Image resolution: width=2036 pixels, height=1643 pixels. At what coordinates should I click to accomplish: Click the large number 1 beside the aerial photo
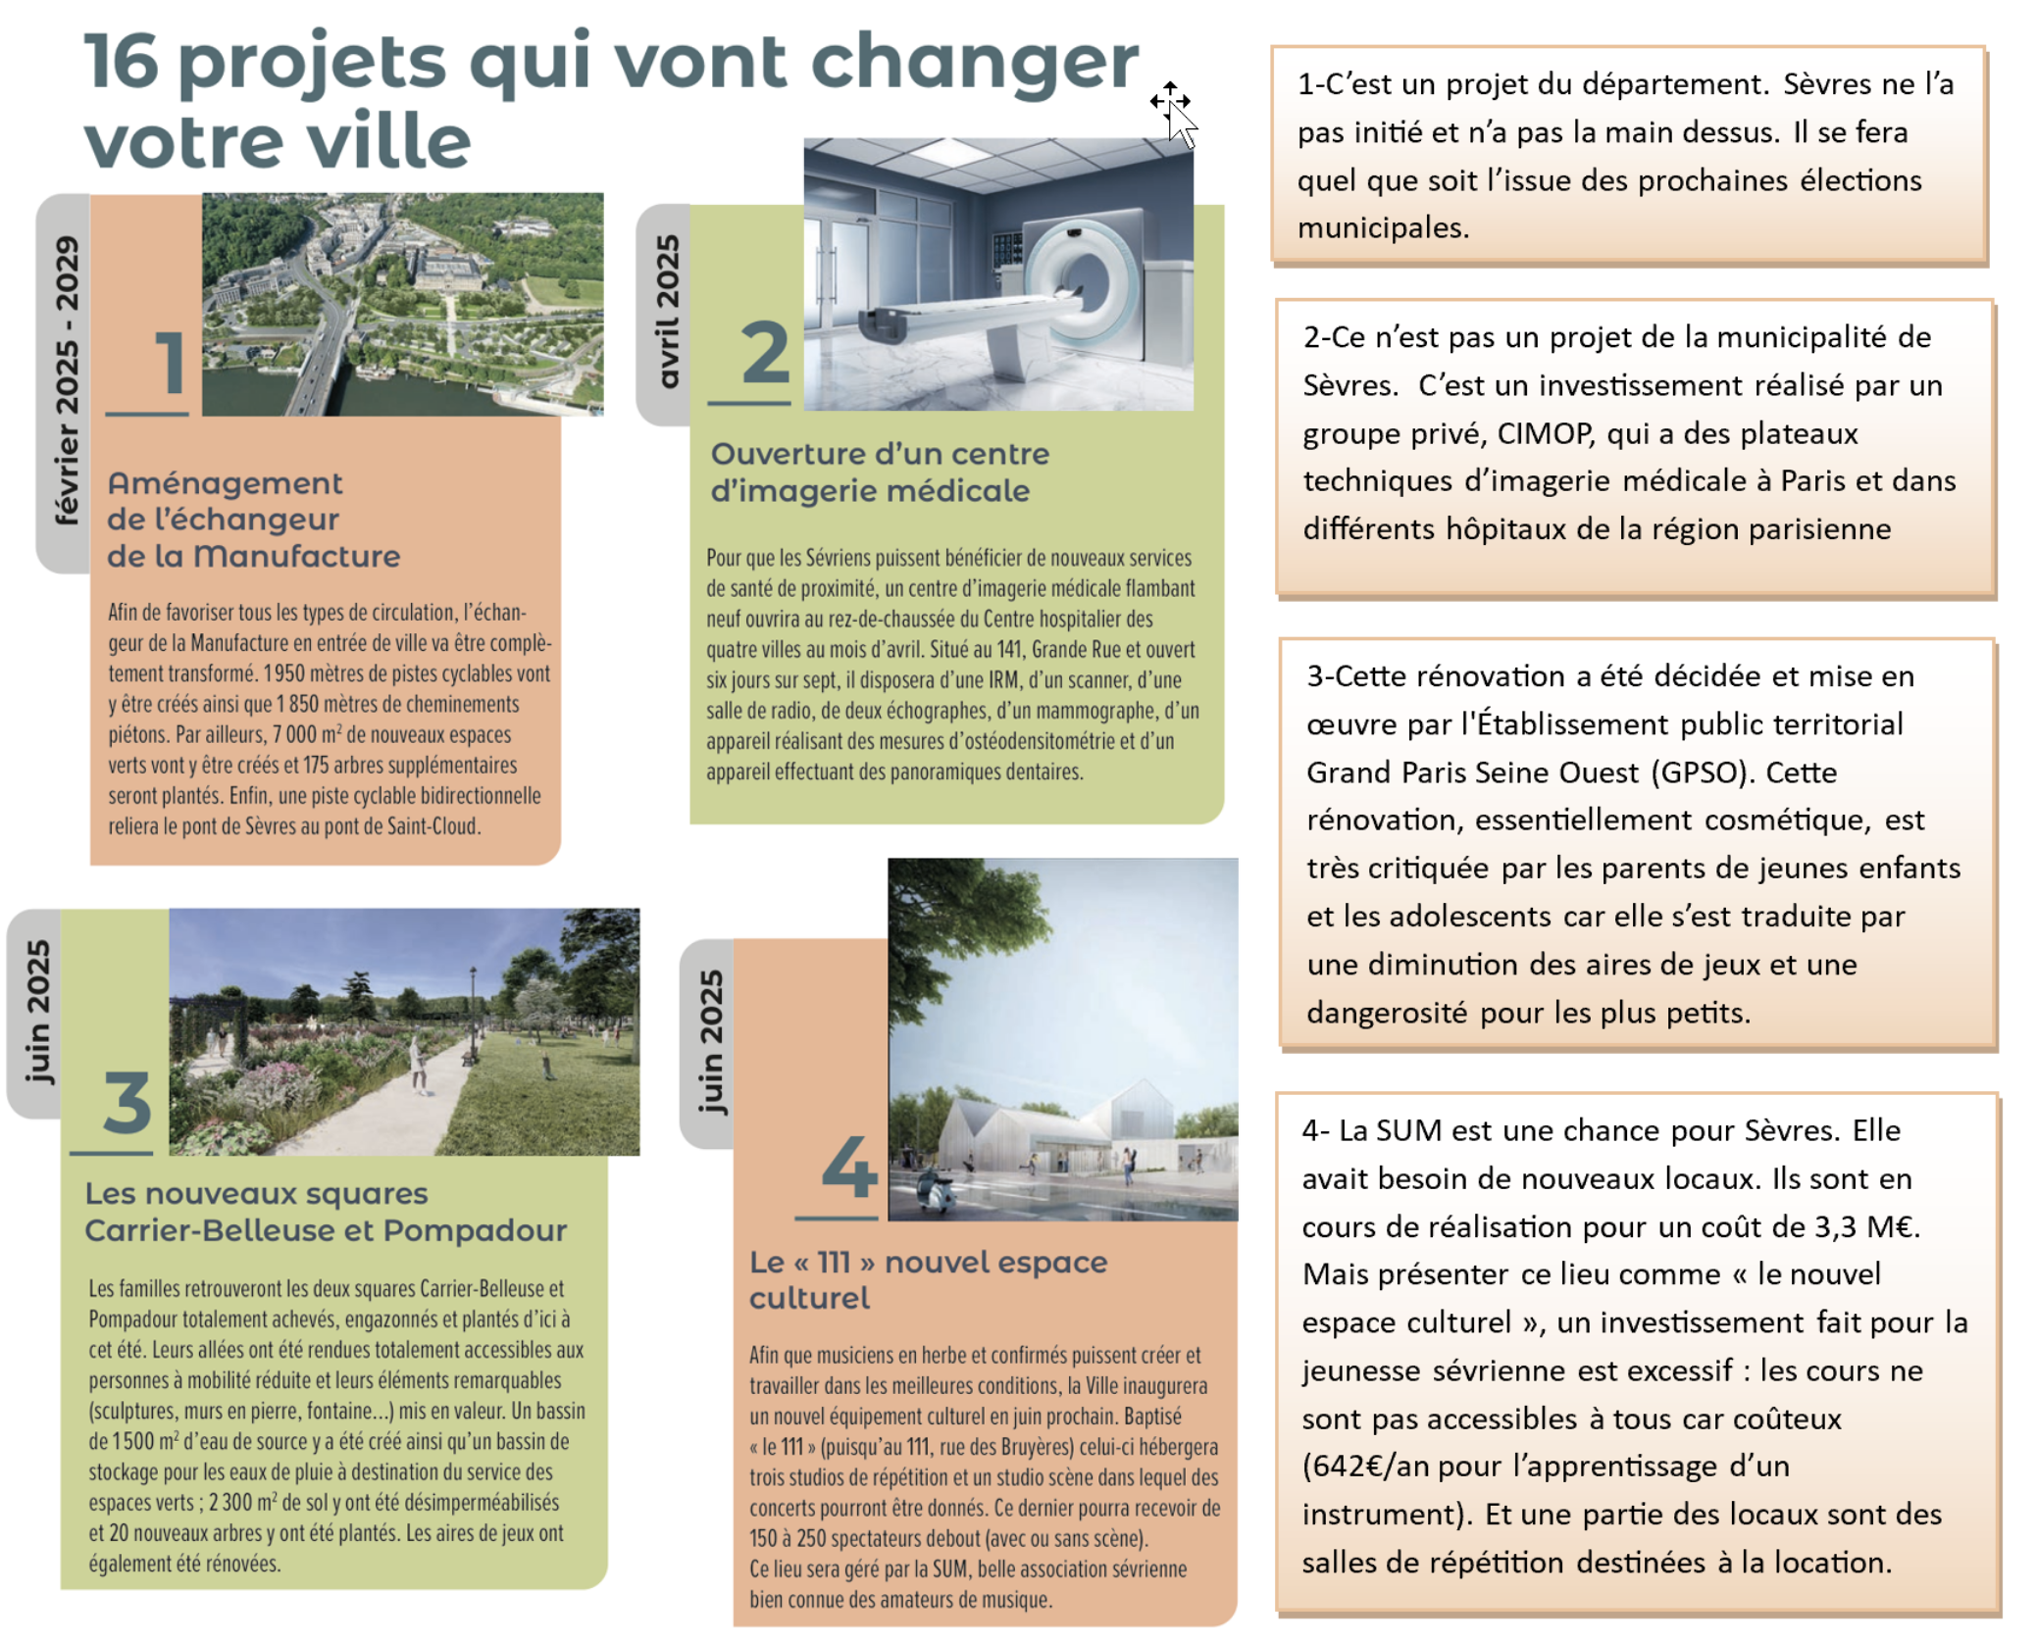point(170,362)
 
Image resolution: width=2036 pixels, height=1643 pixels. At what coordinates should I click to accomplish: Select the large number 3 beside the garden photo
point(127,1102)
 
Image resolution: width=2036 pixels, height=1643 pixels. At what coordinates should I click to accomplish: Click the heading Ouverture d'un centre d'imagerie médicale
point(879,472)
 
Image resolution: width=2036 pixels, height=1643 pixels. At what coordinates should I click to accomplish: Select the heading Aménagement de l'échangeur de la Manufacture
point(253,520)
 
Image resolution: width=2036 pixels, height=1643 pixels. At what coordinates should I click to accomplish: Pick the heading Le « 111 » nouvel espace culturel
point(927,1279)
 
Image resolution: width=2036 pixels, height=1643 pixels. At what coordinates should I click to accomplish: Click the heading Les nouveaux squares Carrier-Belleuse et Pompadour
point(325,1212)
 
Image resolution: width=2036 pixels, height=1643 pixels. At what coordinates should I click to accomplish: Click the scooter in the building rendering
point(932,1191)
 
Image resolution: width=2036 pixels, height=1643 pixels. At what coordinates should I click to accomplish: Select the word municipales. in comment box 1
point(1383,228)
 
